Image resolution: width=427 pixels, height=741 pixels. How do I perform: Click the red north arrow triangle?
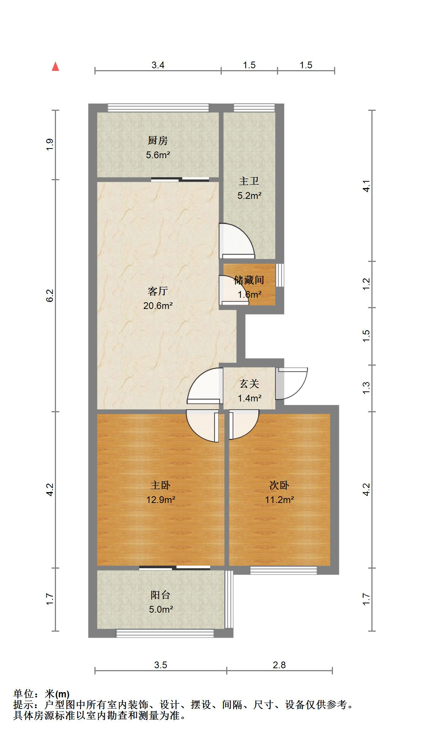pos(56,67)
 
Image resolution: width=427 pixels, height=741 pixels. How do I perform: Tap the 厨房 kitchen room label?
pos(158,141)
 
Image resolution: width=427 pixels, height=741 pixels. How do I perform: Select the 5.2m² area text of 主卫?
pos(249,196)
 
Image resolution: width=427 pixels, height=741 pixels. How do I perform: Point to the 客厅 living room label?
pos(158,291)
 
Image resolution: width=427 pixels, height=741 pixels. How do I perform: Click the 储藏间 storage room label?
pos(249,280)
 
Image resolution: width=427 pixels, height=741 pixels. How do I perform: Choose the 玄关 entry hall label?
pos(249,384)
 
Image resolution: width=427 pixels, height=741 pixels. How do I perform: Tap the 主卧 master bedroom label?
pos(160,485)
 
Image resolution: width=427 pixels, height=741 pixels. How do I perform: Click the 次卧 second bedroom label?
pos(279,485)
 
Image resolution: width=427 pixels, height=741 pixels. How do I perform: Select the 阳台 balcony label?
pos(160,595)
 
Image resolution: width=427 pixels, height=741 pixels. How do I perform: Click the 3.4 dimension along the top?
pos(158,65)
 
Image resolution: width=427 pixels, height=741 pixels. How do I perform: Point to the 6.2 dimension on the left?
pos(50,296)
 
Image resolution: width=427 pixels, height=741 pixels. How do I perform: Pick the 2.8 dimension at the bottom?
pos(279,665)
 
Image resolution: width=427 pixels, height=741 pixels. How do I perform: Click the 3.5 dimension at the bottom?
pos(160,665)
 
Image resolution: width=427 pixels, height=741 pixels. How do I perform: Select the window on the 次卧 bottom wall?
pos(283,570)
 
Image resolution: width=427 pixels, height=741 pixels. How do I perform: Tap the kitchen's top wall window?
pos(158,108)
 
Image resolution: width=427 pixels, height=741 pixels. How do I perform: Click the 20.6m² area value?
pos(158,306)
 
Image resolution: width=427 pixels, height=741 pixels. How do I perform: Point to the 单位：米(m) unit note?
pos(41,694)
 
